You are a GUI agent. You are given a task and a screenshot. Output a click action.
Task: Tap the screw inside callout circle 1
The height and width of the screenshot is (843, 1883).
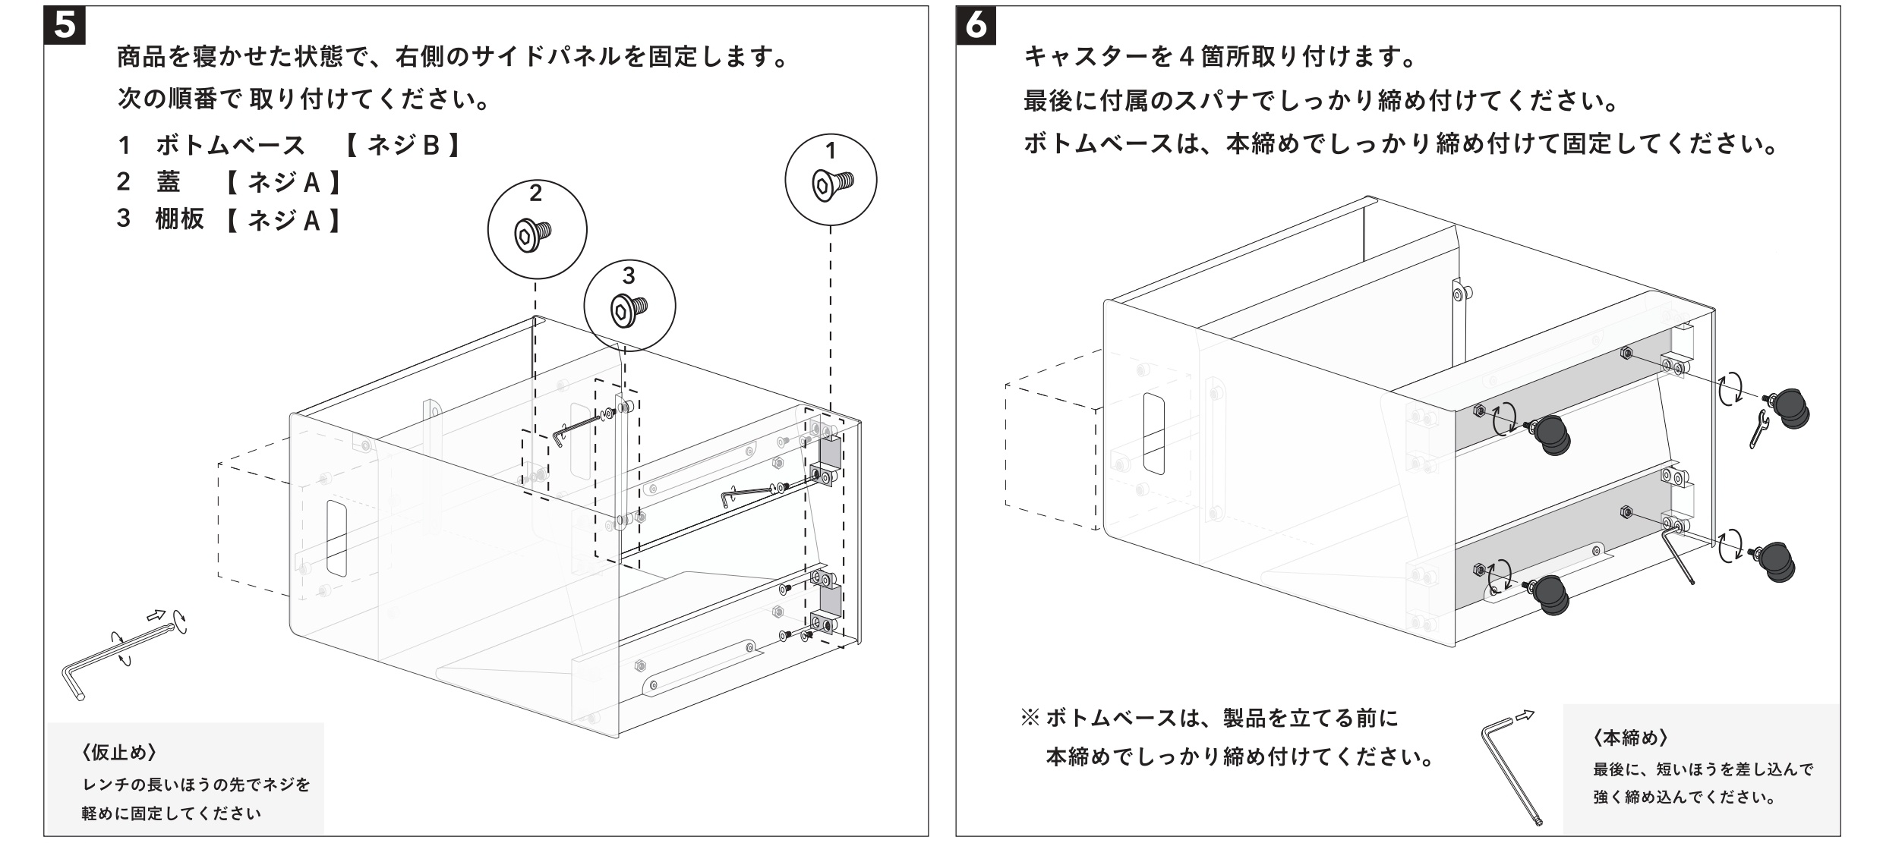click(832, 183)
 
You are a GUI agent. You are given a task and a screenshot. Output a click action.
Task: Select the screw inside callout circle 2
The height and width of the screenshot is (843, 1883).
click(534, 234)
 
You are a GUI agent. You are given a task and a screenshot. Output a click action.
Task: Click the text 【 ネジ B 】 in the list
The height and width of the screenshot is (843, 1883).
click(402, 144)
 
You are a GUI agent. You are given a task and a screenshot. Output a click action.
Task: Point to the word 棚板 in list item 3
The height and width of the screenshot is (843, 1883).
click(180, 219)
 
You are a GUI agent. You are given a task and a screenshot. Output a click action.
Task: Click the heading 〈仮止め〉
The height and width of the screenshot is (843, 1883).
click(119, 753)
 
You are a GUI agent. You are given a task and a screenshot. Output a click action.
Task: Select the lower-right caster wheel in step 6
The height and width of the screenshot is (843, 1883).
click(1780, 562)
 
